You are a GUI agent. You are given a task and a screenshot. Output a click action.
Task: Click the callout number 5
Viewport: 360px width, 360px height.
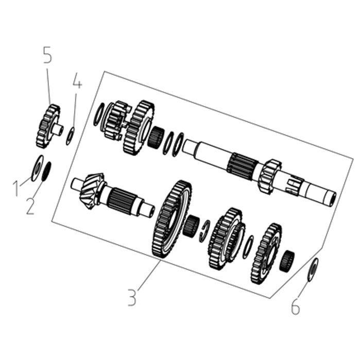click(x=48, y=55)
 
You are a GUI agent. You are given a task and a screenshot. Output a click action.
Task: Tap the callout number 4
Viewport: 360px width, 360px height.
click(x=77, y=80)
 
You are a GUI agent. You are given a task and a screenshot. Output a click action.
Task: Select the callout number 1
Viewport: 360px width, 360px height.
click(x=16, y=188)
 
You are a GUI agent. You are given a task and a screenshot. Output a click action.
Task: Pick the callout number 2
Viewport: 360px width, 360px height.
click(x=30, y=207)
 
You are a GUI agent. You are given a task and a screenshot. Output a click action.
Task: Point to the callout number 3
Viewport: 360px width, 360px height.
click(x=132, y=298)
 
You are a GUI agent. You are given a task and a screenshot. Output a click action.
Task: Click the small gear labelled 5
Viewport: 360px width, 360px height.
click(x=49, y=126)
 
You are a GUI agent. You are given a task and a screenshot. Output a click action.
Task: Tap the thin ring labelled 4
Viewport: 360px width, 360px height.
click(x=70, y=136)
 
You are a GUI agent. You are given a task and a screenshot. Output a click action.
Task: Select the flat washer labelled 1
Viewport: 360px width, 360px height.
click(x=38, y=168)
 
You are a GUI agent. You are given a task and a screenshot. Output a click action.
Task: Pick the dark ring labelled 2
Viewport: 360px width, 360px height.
click(x=46, y=172)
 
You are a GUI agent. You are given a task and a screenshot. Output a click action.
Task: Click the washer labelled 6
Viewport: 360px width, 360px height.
click(x=313, y=270)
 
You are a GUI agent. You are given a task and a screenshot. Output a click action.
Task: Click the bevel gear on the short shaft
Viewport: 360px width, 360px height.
click(x=91, y=191)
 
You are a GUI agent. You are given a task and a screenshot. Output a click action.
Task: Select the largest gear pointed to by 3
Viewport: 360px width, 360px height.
click(x=172, y=219)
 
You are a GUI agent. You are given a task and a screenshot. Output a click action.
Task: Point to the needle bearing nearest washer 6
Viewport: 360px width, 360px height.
click(x=287, y=261)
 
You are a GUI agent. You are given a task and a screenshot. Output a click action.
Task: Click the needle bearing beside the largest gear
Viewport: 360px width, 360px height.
click(x=191, y=227)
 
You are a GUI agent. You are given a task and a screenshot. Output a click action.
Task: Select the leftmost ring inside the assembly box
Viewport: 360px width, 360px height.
click(x=99, y=114)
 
